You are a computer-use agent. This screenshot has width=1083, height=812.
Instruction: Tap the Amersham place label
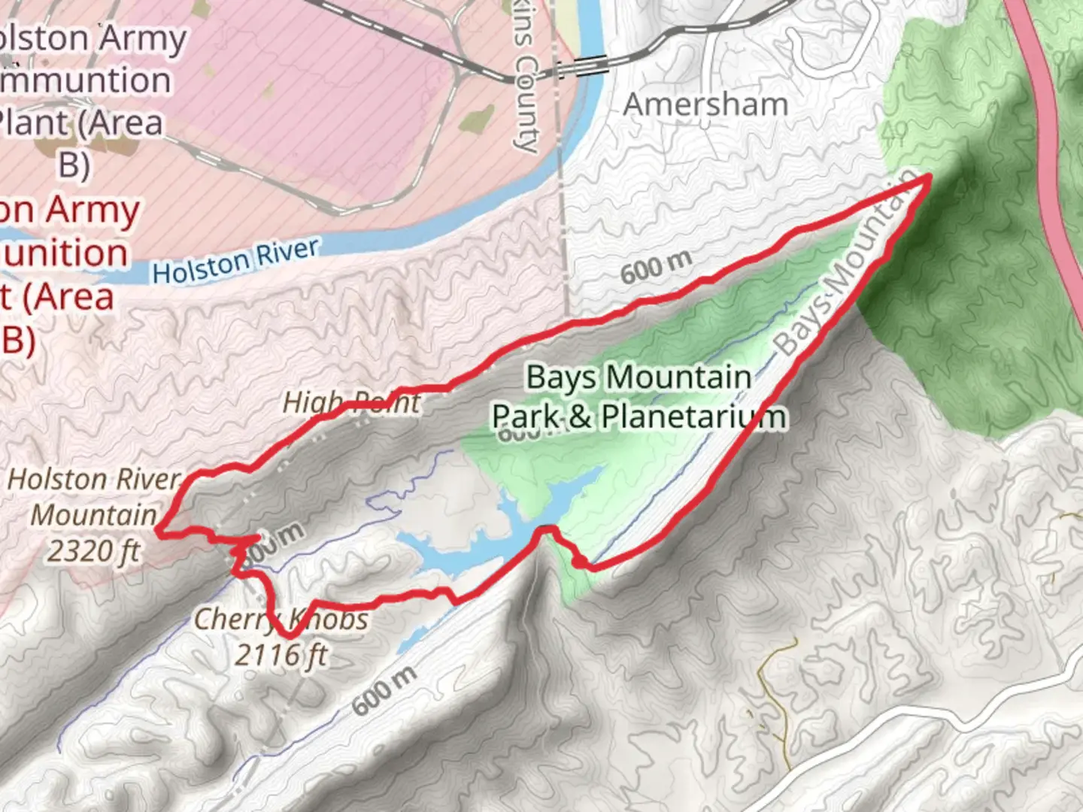[705, 105]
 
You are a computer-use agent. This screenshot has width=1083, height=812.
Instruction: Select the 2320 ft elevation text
[94, 551]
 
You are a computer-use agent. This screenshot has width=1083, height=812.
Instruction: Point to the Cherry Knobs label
[281, 620]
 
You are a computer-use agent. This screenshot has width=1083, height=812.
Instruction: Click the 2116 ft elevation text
[281, 655]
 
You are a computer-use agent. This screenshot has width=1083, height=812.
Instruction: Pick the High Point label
[351, 403]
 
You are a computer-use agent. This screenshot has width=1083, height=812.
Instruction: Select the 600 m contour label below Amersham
[656, 267]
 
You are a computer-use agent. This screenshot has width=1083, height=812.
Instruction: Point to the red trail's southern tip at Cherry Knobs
[290, 636]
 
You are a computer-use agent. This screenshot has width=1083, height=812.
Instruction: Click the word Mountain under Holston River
[94, 515]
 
